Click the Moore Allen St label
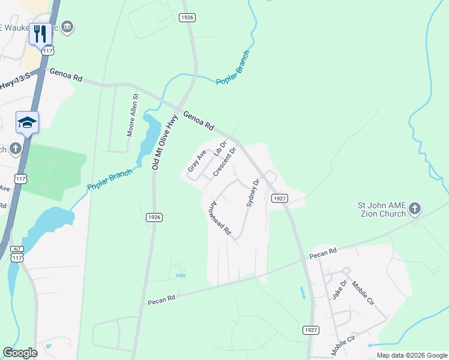point(133,115)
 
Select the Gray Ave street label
point(197,161)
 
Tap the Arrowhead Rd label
point(219,217)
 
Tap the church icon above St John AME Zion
point(414,209)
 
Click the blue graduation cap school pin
point(28,122)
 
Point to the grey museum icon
point(67,26)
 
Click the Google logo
point(20,353)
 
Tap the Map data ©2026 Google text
point(411,355)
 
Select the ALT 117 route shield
point(17,254)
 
